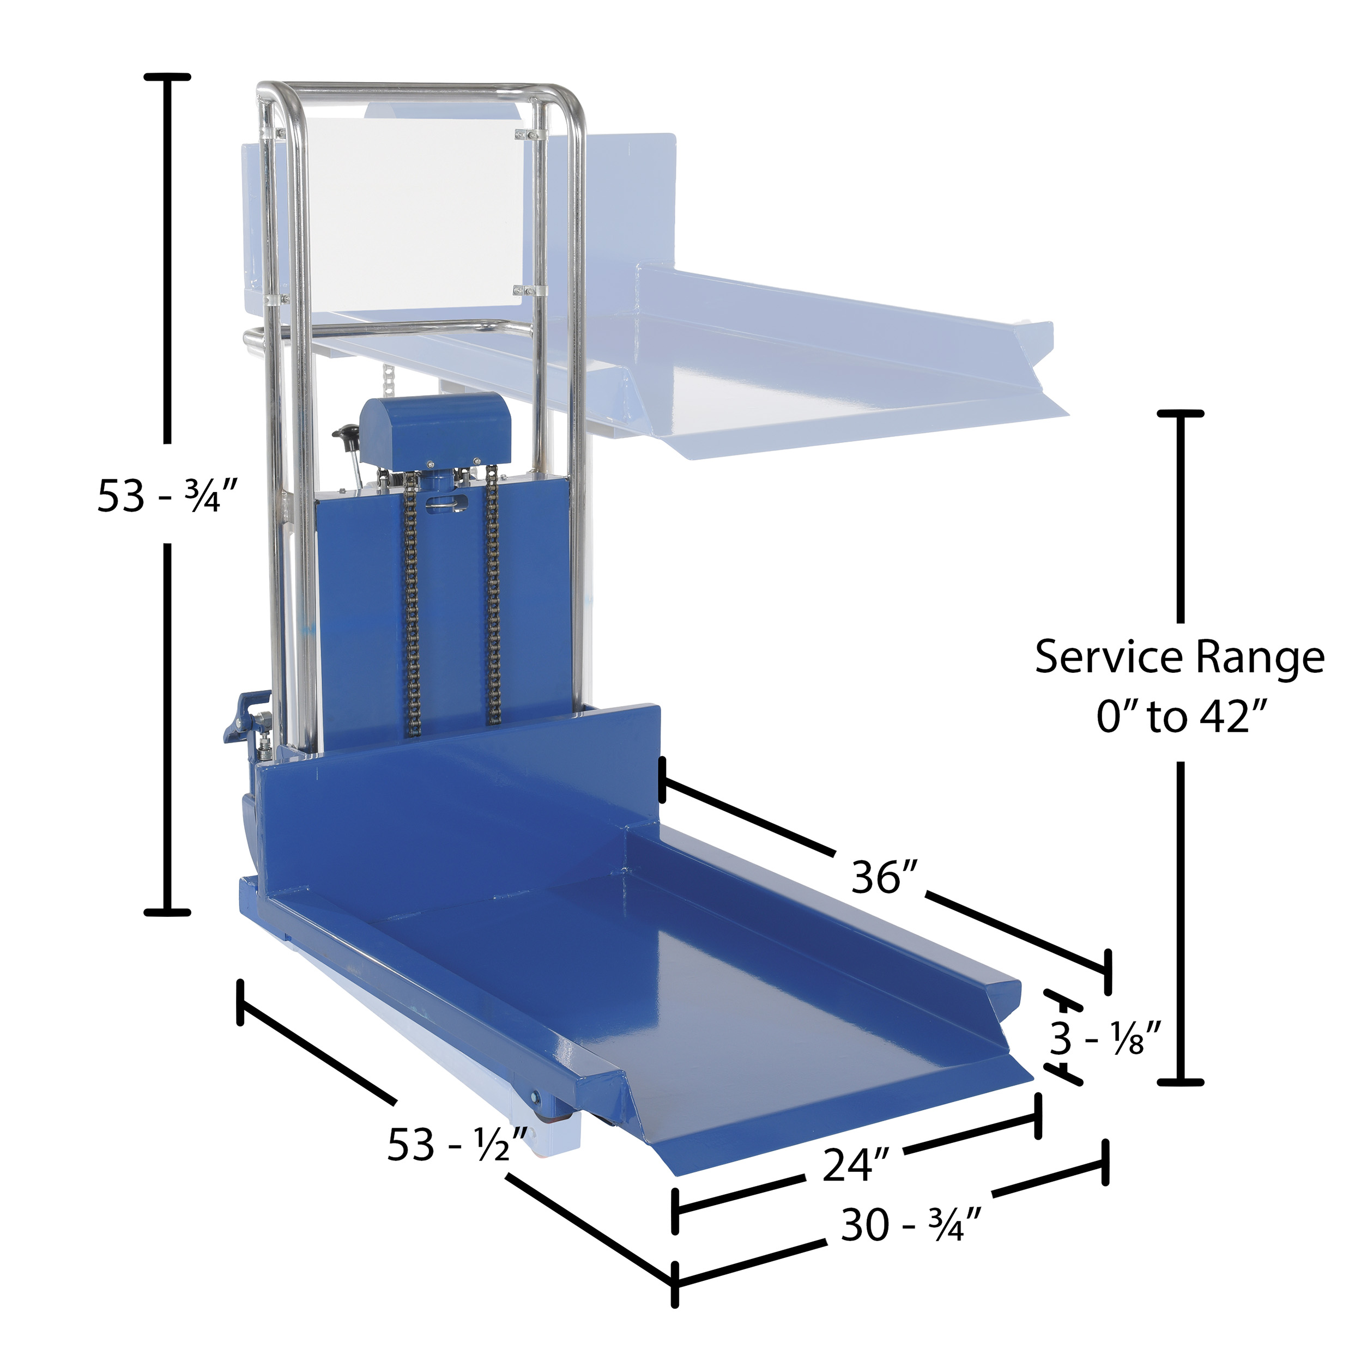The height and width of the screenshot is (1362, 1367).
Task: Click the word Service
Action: (1109, 657)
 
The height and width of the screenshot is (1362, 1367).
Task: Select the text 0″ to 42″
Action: (1180, 716)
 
